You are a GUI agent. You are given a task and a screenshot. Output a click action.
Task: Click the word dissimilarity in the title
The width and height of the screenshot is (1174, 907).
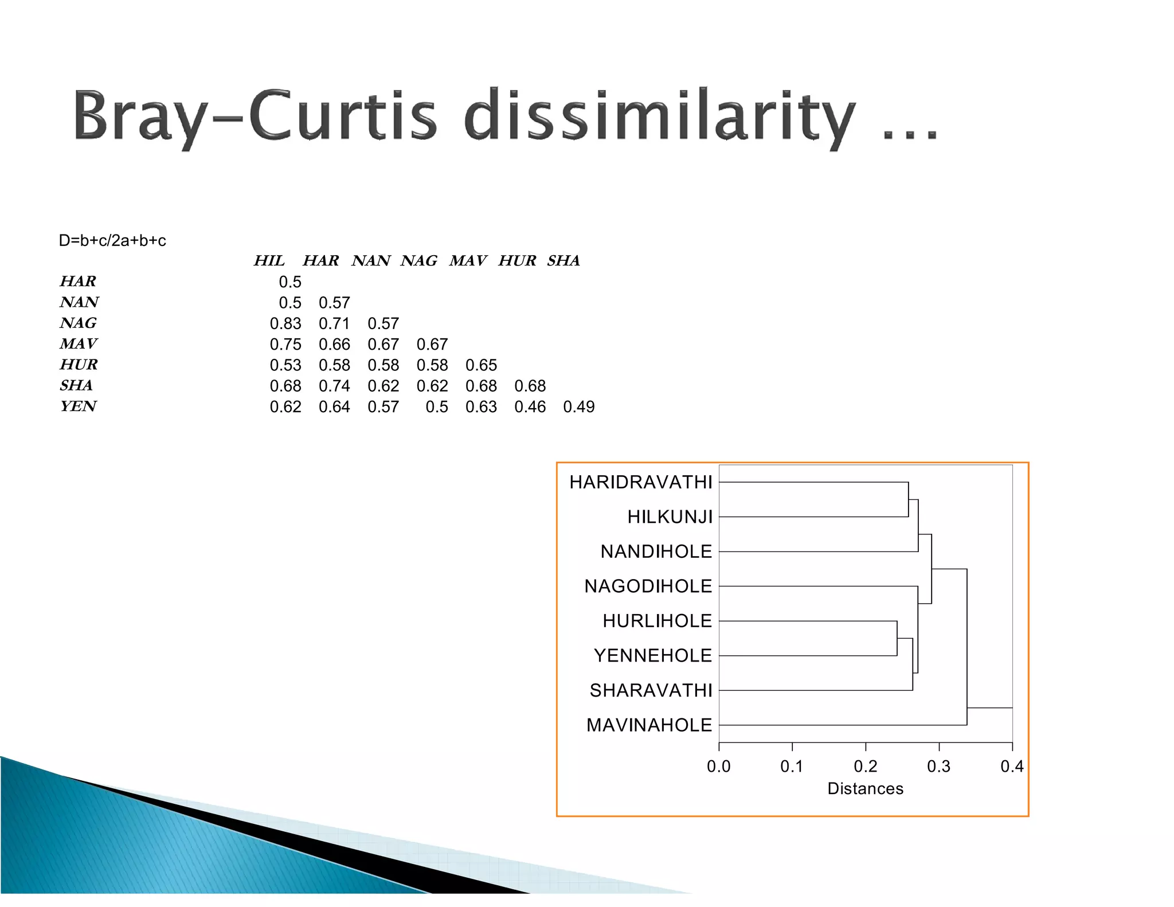(659, 115)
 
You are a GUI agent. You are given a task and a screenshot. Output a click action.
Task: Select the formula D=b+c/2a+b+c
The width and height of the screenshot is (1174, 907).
(112, 240)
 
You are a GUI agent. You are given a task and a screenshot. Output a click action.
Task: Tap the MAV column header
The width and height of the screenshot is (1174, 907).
(468, 261)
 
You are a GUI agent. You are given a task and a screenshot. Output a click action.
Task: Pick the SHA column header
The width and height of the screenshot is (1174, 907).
(563, 261)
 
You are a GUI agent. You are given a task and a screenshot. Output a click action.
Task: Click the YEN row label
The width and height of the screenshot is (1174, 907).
(79, 406)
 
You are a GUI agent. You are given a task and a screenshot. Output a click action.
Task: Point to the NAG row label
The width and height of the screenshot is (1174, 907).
(79, 323)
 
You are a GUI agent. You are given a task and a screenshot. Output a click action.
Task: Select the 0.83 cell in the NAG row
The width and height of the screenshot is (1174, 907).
(285, 324)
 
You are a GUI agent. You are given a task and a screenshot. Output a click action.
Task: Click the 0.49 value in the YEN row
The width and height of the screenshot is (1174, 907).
(579, 407)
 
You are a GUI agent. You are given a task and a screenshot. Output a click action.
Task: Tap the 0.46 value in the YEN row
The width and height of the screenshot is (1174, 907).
(530, 407)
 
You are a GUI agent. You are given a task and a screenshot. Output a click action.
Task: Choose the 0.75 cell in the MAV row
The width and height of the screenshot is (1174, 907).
(285, 345)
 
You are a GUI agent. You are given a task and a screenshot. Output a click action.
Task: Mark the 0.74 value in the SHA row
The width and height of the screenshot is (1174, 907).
(334, 386)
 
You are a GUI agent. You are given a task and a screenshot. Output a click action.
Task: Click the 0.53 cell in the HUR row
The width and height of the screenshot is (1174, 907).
(285, 365)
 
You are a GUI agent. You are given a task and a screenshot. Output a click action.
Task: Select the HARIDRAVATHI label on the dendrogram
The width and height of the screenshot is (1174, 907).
(641, 482)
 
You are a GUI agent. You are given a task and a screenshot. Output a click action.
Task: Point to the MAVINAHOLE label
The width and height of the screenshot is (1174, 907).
(649, 725)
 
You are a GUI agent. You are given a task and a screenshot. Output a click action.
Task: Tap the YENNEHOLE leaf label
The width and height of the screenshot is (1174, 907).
(653, 655)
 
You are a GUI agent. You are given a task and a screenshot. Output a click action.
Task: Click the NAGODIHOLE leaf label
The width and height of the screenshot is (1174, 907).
(648, 586)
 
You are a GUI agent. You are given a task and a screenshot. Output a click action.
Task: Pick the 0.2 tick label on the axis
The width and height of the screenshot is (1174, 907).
(866, 767)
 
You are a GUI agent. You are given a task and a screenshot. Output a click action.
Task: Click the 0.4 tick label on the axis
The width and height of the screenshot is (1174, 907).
(1012, 767)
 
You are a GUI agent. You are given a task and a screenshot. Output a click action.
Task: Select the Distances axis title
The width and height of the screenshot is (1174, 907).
(866, 789)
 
